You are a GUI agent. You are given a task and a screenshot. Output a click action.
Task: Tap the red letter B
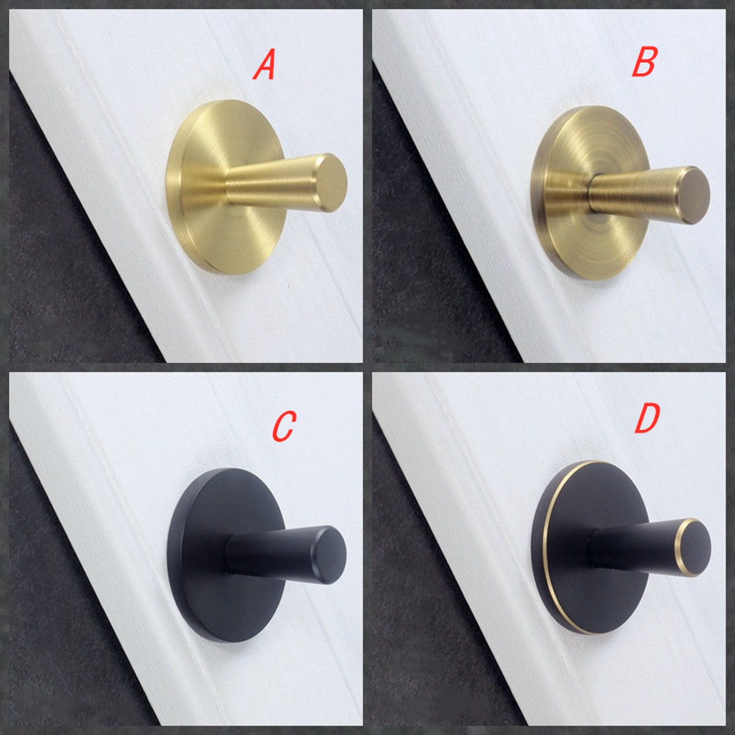click(644, 62)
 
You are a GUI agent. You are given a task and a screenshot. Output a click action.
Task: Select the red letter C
click(283, 426)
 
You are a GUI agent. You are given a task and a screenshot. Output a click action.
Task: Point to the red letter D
click(647, 419)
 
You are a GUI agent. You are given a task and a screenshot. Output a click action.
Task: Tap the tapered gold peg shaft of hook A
click(273, 184)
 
